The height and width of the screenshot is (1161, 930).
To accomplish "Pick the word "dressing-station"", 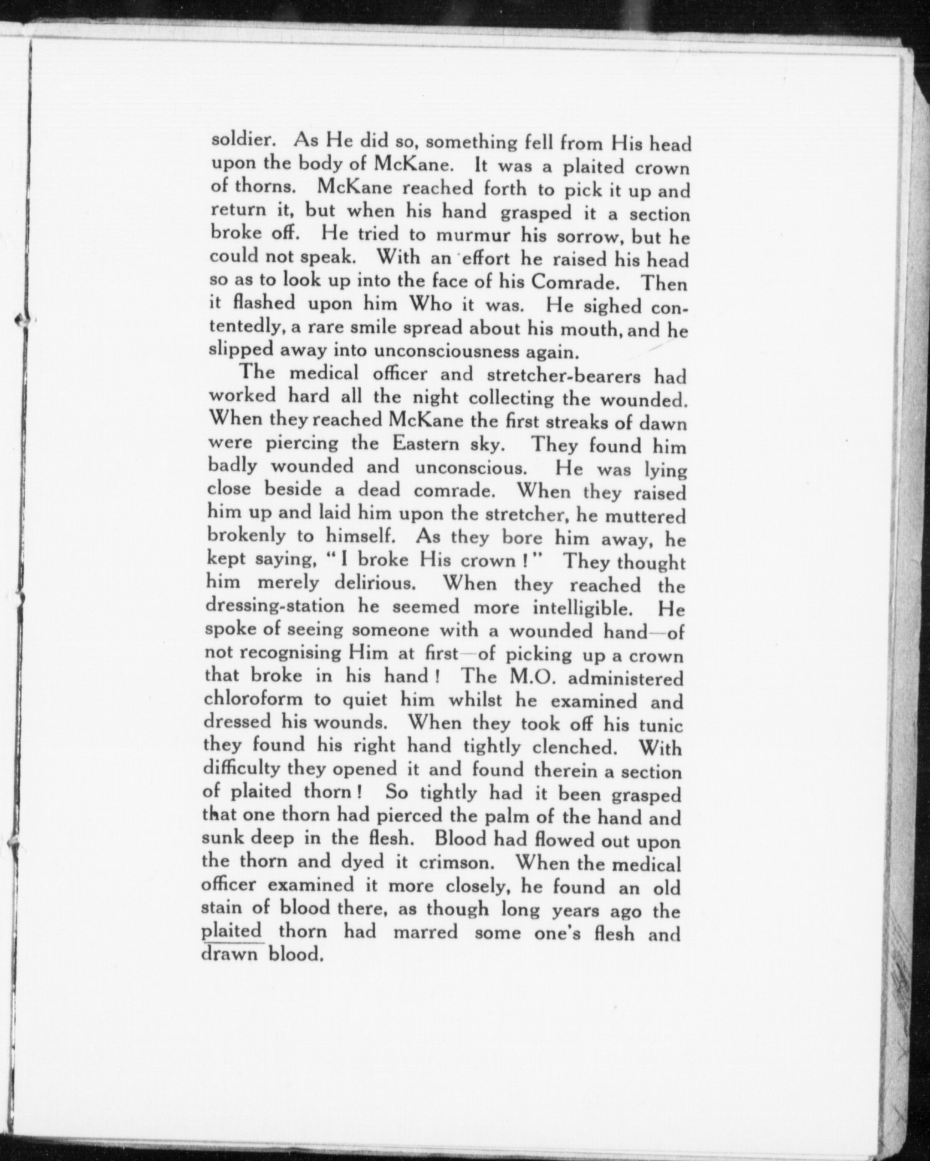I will (x=275, y=606).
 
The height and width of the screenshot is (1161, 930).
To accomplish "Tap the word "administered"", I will (x=620, y=678).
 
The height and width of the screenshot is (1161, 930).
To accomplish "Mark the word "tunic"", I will (x=660, y=725).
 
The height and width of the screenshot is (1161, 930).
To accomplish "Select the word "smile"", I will (x=378, y=329).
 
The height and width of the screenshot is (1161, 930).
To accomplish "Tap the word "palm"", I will (x=527, y=817).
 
